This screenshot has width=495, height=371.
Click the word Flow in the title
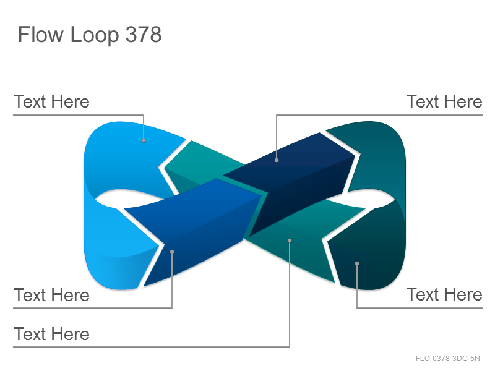(x=40, y=34)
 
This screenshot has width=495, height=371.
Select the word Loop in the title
(x=94, y=35)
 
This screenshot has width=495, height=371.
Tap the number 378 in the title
(x=144, y=34)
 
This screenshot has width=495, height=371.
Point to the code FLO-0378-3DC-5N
(x=447, y=359)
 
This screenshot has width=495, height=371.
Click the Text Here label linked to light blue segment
(x=51, y=101)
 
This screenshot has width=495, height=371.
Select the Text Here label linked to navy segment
(x=444, y=101)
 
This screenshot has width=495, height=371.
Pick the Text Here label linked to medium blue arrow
(x=51, y=295)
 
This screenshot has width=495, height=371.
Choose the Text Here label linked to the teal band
(x=51, y=334)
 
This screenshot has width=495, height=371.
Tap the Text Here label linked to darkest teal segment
(x=444, y=295)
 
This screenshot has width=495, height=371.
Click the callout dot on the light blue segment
(x=144, y=141)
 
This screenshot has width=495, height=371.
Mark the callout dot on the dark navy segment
(x=277, y=160)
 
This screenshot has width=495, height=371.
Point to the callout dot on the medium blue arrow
(x=172, y=252)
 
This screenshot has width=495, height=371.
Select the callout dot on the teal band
(x=290, y=241)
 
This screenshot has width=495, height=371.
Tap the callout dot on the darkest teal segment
(x=357, y=263)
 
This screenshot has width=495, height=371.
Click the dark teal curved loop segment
(x=379, y=158)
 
